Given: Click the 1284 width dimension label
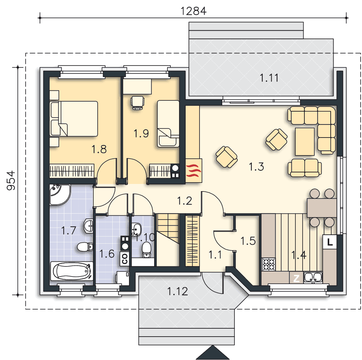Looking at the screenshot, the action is pos(193,11).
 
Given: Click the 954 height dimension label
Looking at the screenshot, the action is pos(11,180).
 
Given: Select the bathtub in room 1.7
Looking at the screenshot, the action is pos(72,271).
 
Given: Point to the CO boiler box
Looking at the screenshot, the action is pos(125,258).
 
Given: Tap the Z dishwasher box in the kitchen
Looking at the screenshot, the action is pos(296,278).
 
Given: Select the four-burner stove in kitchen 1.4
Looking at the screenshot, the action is pos(268,264).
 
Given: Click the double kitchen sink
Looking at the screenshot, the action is pos(313,278).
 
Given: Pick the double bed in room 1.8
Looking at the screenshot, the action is pos(73,118).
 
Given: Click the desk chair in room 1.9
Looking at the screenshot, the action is pos(138,103).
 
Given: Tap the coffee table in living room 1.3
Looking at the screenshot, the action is pos(305,141).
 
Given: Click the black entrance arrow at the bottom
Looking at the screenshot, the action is pos(213,353).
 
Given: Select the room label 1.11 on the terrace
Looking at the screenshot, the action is pos(269,78).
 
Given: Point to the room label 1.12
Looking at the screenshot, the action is pos(177,292).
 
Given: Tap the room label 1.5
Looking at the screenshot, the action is pos(248,241).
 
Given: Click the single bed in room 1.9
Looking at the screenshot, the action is pos(168,124).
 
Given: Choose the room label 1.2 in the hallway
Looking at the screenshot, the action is pos(184,201).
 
